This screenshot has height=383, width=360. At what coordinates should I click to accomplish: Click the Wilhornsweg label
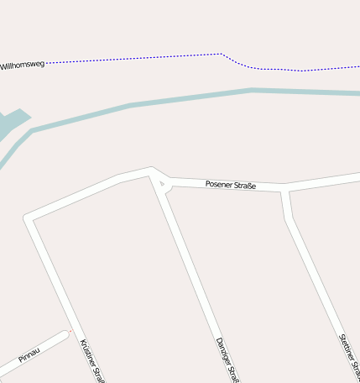(x=23, y=65)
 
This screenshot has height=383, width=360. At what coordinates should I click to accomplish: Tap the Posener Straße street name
(x=230, y=185)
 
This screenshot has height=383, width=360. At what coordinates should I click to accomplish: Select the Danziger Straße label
(x=222, y=359)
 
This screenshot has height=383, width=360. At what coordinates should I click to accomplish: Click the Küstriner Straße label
(x=91, y=360)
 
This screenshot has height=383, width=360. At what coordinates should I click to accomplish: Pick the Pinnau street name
(x=29, y=352)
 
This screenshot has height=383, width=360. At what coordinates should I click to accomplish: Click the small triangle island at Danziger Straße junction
(x=164, y=186)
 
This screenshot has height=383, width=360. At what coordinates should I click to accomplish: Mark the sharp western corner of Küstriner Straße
(x=29, y=218)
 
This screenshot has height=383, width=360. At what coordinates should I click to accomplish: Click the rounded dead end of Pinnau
(x=65, y=336)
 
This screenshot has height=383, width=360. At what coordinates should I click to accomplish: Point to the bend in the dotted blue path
(x=222, y=55)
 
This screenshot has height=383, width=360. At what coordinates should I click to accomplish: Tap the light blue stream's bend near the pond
(x=31, y=131)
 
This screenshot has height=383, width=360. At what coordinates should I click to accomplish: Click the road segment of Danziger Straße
(x=189, y=260)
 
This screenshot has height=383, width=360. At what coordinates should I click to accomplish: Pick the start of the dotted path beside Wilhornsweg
(x=47, y=63)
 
